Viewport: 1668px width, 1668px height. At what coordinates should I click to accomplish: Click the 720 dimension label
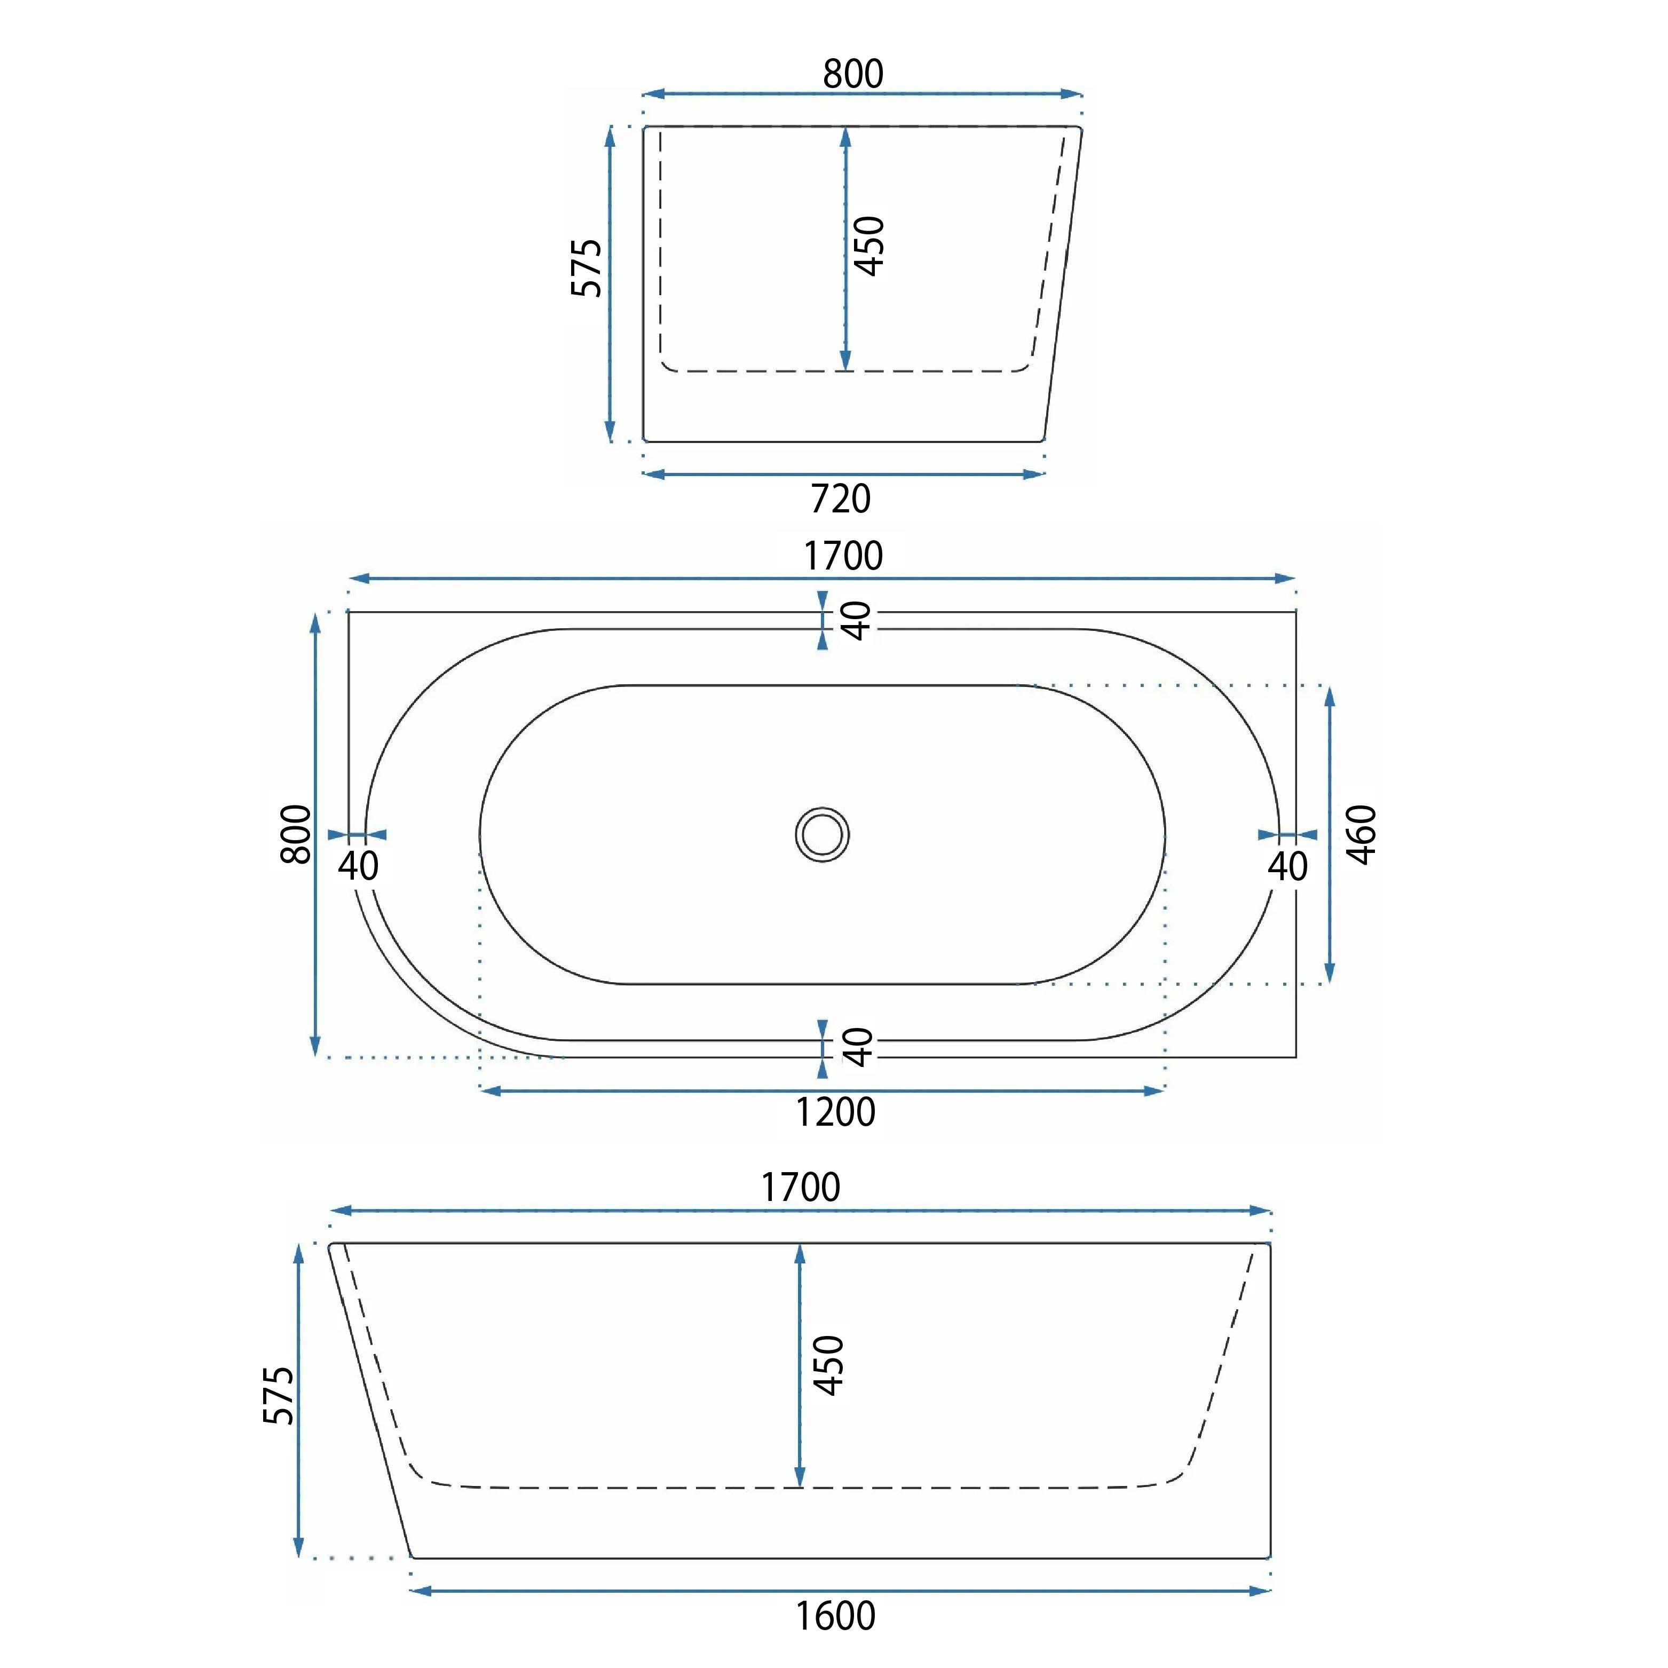(x=841, y=499)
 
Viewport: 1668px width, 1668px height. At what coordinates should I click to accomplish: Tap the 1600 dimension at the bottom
(x=835, y=1615)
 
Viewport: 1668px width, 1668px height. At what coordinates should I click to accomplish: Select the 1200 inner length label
(x=835, y=1112)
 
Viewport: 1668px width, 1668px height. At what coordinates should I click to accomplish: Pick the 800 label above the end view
(x=853, y=74)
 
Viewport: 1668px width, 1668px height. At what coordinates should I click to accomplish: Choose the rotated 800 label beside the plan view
(x=296, y=834)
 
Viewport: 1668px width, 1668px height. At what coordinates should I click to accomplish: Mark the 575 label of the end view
(x=586, y=267)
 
